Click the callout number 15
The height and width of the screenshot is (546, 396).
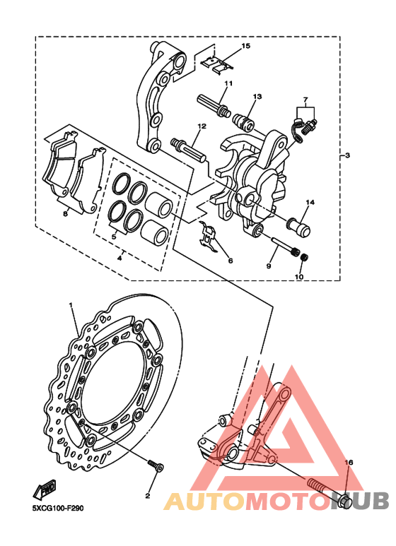point(246,46)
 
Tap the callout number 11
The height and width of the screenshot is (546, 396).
point(228,83)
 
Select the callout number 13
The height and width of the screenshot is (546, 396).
point(257,97)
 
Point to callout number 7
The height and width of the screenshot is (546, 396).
point(305,100)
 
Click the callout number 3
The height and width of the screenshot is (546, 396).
point(347,155)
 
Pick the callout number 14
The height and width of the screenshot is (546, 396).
point(310,202)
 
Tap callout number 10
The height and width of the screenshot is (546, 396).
point(299,277)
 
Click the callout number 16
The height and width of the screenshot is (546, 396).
point(349,463)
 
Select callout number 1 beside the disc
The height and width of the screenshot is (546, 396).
point(71,305)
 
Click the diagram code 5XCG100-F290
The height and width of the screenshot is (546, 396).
point(58,509)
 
